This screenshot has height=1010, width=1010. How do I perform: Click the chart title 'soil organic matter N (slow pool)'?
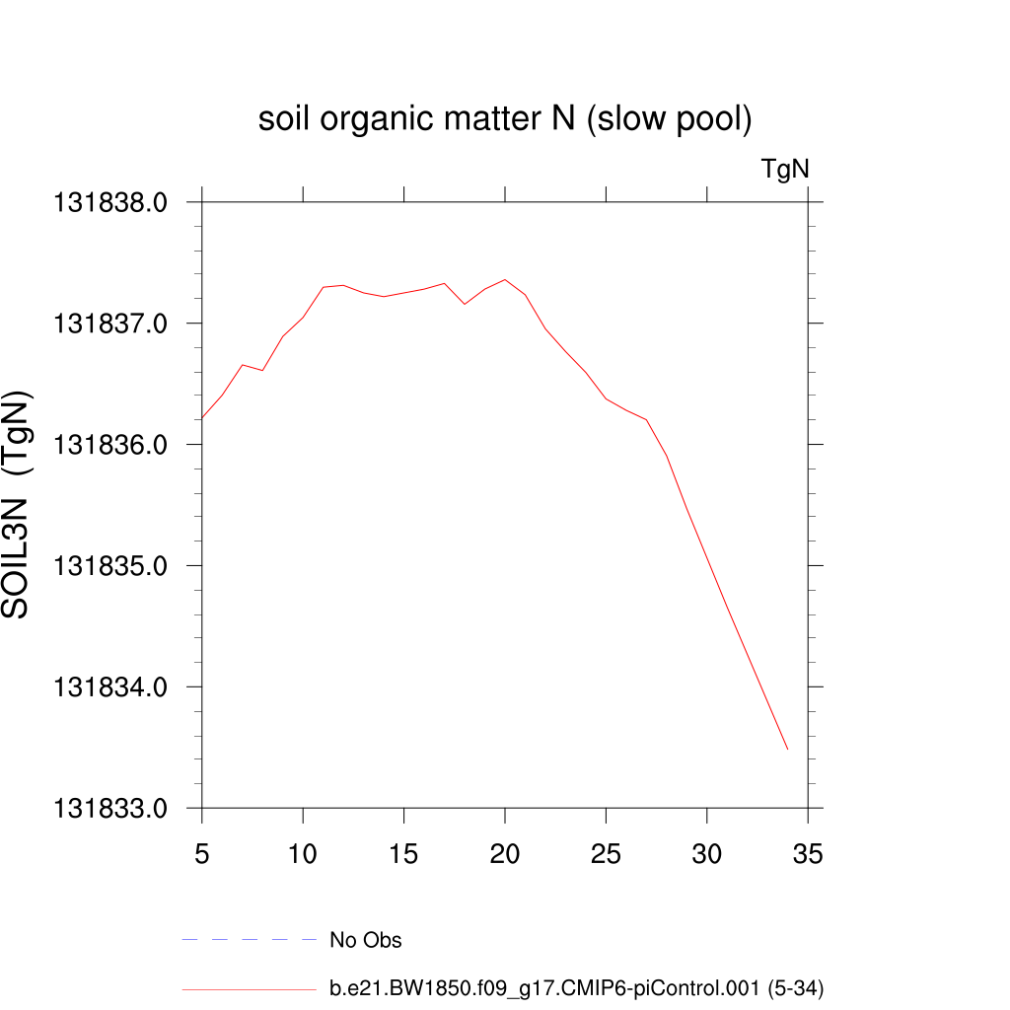(x=505, y=120)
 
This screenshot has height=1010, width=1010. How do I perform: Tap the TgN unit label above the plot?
(x=785, y=170)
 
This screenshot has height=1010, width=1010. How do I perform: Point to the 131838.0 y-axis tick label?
(x=110, y=202)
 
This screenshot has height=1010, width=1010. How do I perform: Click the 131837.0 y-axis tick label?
(x=110, y=324)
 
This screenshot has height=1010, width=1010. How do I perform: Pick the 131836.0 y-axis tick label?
(x=110, y=445)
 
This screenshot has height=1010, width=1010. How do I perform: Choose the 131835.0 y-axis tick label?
(x=110, y=566)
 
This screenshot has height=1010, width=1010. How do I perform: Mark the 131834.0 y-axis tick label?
(x=110, y=687)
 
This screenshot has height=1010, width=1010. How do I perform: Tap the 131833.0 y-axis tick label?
(x=110, y=808)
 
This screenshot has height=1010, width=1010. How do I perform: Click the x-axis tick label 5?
(x=202, y=855)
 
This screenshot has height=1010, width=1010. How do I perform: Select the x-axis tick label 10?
(x=303, y=855)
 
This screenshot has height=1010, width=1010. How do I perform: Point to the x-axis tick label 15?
(x=404, y=855)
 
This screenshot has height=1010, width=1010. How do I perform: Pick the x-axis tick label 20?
(x=505, y=855)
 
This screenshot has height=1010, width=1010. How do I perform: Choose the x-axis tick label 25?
(x=606, y=855)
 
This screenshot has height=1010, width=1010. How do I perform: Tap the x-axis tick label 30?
(x=707, y=855)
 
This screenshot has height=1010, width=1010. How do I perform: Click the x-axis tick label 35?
(x=808, y=855)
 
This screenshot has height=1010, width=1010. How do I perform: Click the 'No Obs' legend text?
(x=366, y=940)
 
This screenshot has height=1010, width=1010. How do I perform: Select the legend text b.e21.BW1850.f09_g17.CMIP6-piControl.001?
(x=576, y=987)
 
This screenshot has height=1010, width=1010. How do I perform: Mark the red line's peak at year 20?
(x=505, y=279)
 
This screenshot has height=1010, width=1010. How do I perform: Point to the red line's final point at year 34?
(x=787, y=750)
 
